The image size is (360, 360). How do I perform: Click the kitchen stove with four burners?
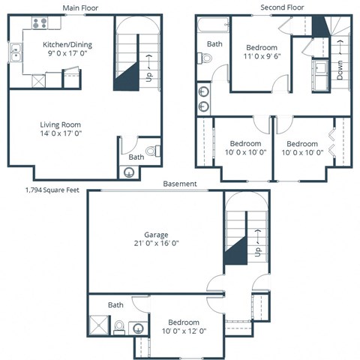click(40, 23)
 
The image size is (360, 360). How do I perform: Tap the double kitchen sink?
click(16, 52)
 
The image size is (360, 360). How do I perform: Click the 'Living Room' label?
click(60, 124)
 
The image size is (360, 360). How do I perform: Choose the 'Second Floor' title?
click(281, 7)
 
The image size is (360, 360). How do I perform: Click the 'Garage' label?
click(156, 233)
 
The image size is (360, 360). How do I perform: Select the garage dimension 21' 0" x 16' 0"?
click(156, 243)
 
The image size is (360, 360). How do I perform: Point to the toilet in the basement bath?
click(119, 326)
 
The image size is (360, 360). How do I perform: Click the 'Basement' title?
click(180, 184)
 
